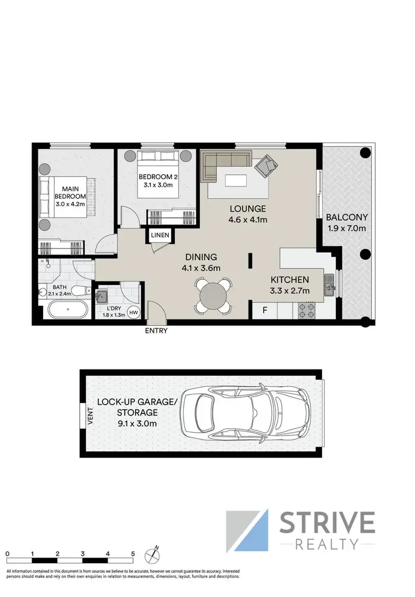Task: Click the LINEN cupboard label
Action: tap(159, 235)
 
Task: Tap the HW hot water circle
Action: tap(133, 313)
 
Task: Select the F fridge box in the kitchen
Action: tap(264, 310)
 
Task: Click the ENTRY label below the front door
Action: tap(156, 331)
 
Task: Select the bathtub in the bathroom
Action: tap(66, 309)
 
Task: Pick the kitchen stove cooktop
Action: tap(307, 310)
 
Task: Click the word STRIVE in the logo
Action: tap(328, 523)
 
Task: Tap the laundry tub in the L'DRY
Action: tap(102, 297)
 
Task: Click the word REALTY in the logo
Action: tap(328, 544)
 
